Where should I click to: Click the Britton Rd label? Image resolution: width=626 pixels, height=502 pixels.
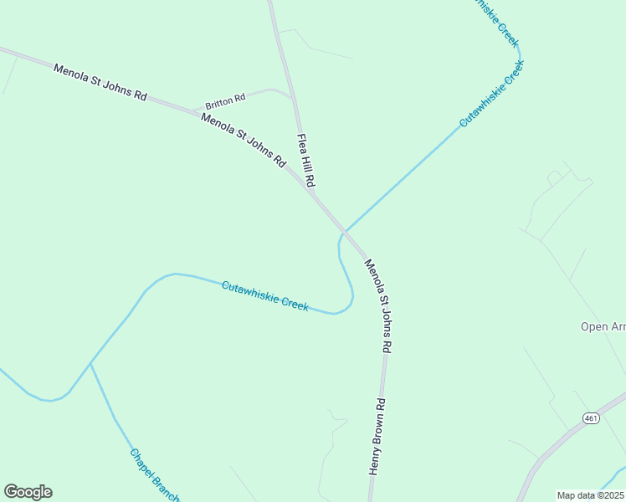225,99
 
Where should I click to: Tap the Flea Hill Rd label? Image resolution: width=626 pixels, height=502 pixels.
306,160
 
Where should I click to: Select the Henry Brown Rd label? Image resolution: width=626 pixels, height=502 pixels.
377,438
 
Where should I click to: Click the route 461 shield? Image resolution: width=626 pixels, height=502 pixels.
592,418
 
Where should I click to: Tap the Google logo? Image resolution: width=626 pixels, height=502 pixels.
28,492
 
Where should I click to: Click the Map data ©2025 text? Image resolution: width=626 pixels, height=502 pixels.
591,495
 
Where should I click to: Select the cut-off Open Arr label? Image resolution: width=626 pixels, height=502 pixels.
603,326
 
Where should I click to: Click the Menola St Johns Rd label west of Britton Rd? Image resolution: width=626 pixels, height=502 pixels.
100,82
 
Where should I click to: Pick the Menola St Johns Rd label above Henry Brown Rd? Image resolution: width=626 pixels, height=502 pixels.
377,305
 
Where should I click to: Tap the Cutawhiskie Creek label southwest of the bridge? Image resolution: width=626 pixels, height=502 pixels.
265,296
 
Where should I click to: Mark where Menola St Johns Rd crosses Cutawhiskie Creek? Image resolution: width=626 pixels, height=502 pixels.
344,232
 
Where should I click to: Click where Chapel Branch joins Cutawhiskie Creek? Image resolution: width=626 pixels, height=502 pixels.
90,364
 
